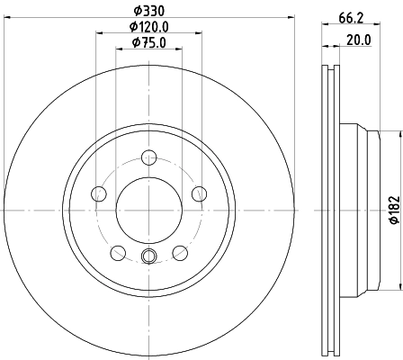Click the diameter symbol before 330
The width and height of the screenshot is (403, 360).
(x=132, y=11)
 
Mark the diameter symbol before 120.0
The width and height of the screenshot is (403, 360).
(x=125, y=26)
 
